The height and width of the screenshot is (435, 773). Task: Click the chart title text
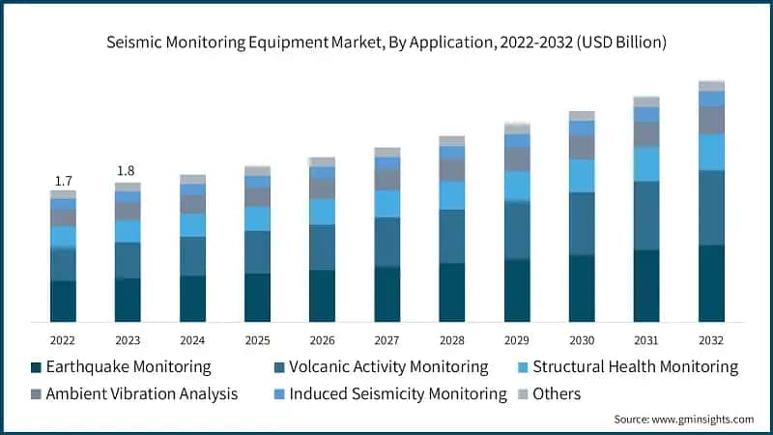pos(386,43)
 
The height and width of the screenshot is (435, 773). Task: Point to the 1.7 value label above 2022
pos(64,181)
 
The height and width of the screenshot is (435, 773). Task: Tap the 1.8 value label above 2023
pos(127,171)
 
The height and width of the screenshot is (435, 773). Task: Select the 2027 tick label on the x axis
pos(386,340)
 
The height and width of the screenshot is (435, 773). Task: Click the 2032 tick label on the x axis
pos(711,340)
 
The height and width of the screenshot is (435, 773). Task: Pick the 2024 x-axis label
pos(192,340)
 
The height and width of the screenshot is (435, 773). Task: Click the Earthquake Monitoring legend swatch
pos(36,367)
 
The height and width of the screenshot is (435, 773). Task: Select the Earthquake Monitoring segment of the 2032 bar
pos(711,283)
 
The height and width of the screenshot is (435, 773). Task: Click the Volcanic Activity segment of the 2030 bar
pos(582,223)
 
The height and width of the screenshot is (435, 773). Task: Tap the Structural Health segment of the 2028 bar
pos(451,195)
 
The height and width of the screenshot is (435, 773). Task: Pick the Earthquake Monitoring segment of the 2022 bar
pos(64,301)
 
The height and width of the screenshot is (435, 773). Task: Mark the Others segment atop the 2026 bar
pos(322,162)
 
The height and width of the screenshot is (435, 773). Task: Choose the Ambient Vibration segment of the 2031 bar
pos(646,134)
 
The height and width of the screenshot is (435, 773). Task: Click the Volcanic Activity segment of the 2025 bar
pos(257,252)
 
